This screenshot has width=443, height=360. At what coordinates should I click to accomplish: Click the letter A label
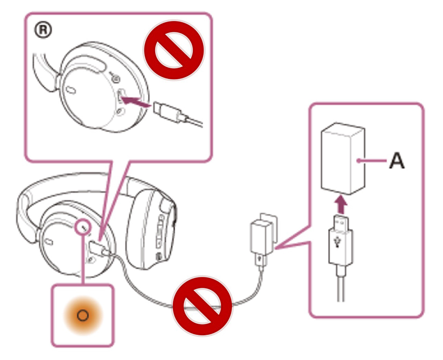(397, 161)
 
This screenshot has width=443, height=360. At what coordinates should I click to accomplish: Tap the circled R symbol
(44, 30)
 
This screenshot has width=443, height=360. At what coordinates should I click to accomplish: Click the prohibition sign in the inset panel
(174, 49)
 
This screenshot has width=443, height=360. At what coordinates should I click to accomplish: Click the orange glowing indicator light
(82, 315)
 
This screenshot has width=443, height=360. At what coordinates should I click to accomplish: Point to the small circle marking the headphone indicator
(83, 227)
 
